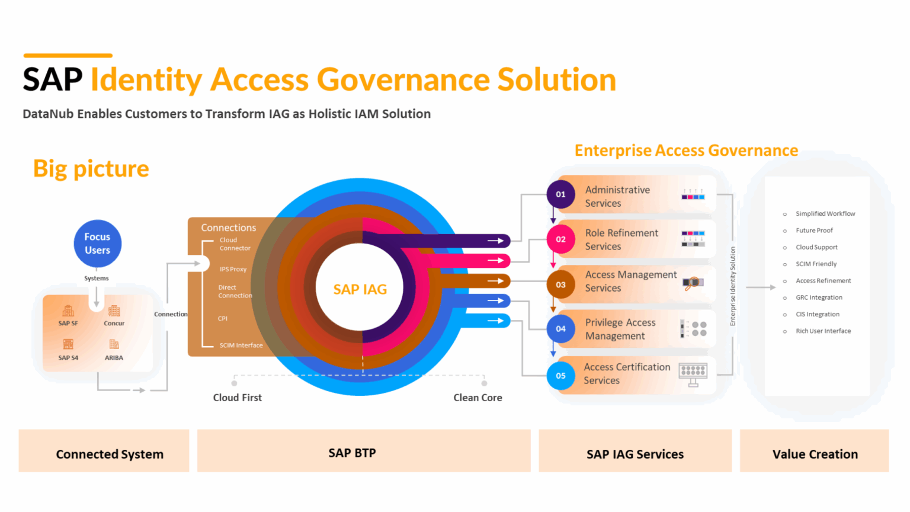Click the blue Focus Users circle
97,244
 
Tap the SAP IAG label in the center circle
360,289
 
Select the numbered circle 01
560,194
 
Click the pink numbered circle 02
560,239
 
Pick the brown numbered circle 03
560,284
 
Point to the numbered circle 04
560,329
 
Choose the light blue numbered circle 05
560,376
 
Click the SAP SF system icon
68,311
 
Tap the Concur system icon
114,311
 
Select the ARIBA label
114,358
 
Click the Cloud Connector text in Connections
235,244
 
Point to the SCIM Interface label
241,345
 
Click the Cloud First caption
237,398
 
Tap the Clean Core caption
478,398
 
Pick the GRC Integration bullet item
819,297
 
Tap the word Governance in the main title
403,79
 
